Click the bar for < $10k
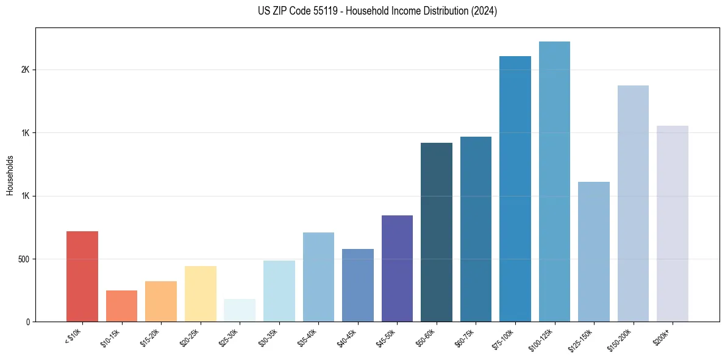[82, 276]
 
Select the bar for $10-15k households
[121, 306]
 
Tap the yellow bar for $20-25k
[200, 293]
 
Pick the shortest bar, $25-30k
[240, 310]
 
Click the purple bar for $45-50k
[397, 268]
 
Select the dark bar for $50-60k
[437, 232]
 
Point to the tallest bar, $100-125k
[554, 181]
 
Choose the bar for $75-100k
[515, 189]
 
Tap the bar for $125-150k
[594, 251]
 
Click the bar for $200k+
[673, 223]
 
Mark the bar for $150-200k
[633, 203]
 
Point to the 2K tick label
[25, 70]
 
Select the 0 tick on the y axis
[27, 322]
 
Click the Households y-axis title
[10, 175]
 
